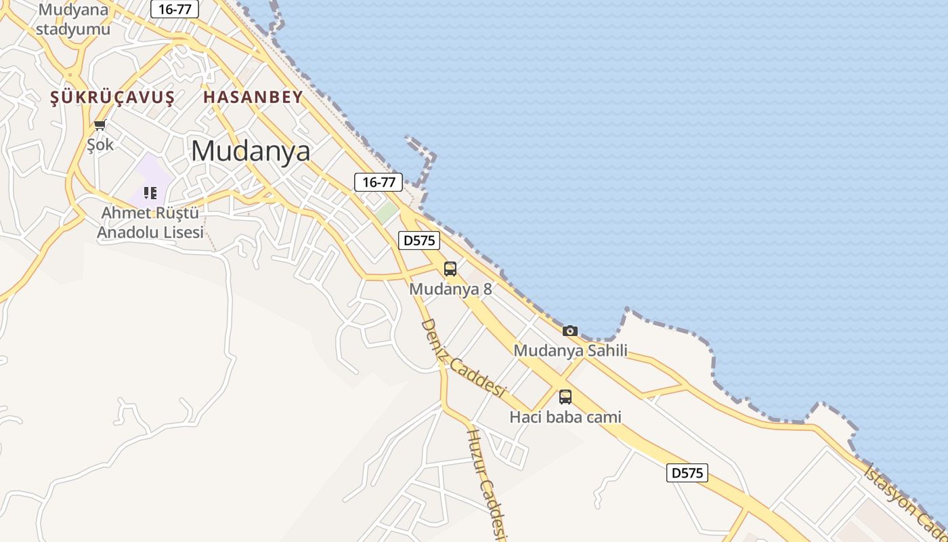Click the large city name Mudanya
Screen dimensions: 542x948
point(251,150)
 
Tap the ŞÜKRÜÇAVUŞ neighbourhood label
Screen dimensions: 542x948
point(112,98)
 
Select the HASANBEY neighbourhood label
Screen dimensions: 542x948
point(253,97)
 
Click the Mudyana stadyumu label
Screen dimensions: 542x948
point(73,20)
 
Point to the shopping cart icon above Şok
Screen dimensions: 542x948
point(100,125)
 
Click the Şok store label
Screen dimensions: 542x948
point(100,144)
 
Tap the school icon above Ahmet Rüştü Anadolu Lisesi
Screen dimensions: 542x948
point(150,193)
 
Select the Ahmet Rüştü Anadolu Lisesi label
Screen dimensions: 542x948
point(150,223)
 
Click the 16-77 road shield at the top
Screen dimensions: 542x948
point(175,9)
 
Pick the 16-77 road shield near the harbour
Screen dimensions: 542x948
point(379,182)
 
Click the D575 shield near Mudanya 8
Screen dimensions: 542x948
point(419,240)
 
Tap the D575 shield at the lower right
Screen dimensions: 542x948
point(687,473)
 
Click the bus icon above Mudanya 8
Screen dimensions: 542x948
point(450,268)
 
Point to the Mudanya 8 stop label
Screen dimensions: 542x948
point(450,289)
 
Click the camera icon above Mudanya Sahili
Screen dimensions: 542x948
point(570,331)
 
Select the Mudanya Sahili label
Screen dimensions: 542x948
point(570,350)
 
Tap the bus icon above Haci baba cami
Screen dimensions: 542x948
point(565,397)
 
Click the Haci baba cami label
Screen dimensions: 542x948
point(565,417)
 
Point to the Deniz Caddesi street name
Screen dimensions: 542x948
point(464,358)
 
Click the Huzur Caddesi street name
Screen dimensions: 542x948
point(488,482)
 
